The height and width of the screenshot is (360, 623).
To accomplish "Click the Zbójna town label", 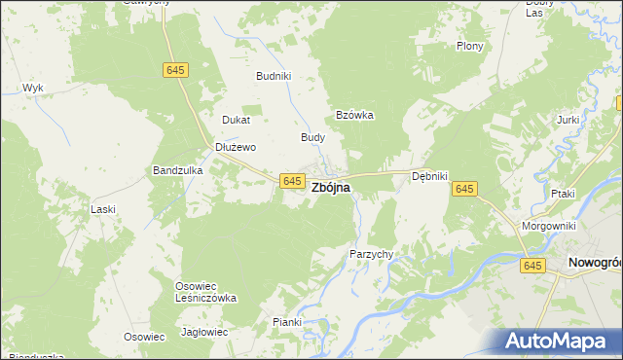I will (331, 188).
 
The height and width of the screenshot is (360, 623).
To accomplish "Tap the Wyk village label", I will (33, 88).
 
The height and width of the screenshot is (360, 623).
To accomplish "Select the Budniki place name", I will (274, 75).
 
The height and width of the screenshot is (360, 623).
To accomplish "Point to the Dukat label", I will (237, 120).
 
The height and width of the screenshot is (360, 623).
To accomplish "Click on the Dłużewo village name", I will (235, 147).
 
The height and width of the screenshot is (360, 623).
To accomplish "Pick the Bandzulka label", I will (177, 170).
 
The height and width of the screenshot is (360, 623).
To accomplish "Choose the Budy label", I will (312, 137).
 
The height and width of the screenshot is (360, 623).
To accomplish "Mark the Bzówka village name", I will (355, 114).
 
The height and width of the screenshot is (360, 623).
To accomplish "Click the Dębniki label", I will (428, 176).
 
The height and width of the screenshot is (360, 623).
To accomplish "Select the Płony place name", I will (471, 46).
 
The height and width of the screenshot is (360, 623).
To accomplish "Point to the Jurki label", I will (568, 120).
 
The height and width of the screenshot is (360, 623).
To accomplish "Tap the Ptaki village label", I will (563, 194).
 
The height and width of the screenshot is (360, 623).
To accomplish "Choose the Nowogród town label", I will (594, 262).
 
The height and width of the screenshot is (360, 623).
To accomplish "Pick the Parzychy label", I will (371, 254).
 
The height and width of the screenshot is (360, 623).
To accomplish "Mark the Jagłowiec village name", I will (204, 332).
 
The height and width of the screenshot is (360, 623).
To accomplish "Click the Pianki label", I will (288, 322).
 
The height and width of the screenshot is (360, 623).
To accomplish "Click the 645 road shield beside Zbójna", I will (291, 181).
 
